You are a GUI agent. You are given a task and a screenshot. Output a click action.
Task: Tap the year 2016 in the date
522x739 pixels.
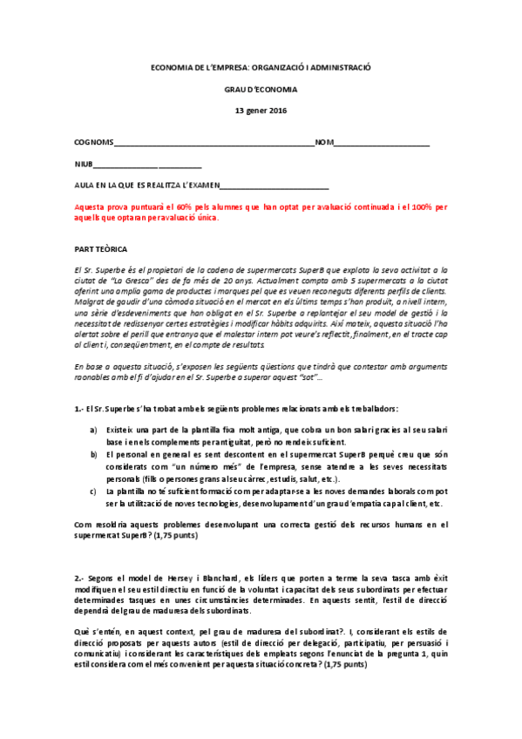click(x=276, y=111)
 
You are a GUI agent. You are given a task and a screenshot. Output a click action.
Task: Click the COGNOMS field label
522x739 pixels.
click(x=94, y=141)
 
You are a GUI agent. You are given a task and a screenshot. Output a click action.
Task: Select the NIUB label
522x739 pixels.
click(x=84, y=164)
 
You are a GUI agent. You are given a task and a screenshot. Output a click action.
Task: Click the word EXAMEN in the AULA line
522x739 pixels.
click(x=200, y=186)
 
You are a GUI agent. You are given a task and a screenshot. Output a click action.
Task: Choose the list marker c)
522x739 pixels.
click(x=94, y=491)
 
